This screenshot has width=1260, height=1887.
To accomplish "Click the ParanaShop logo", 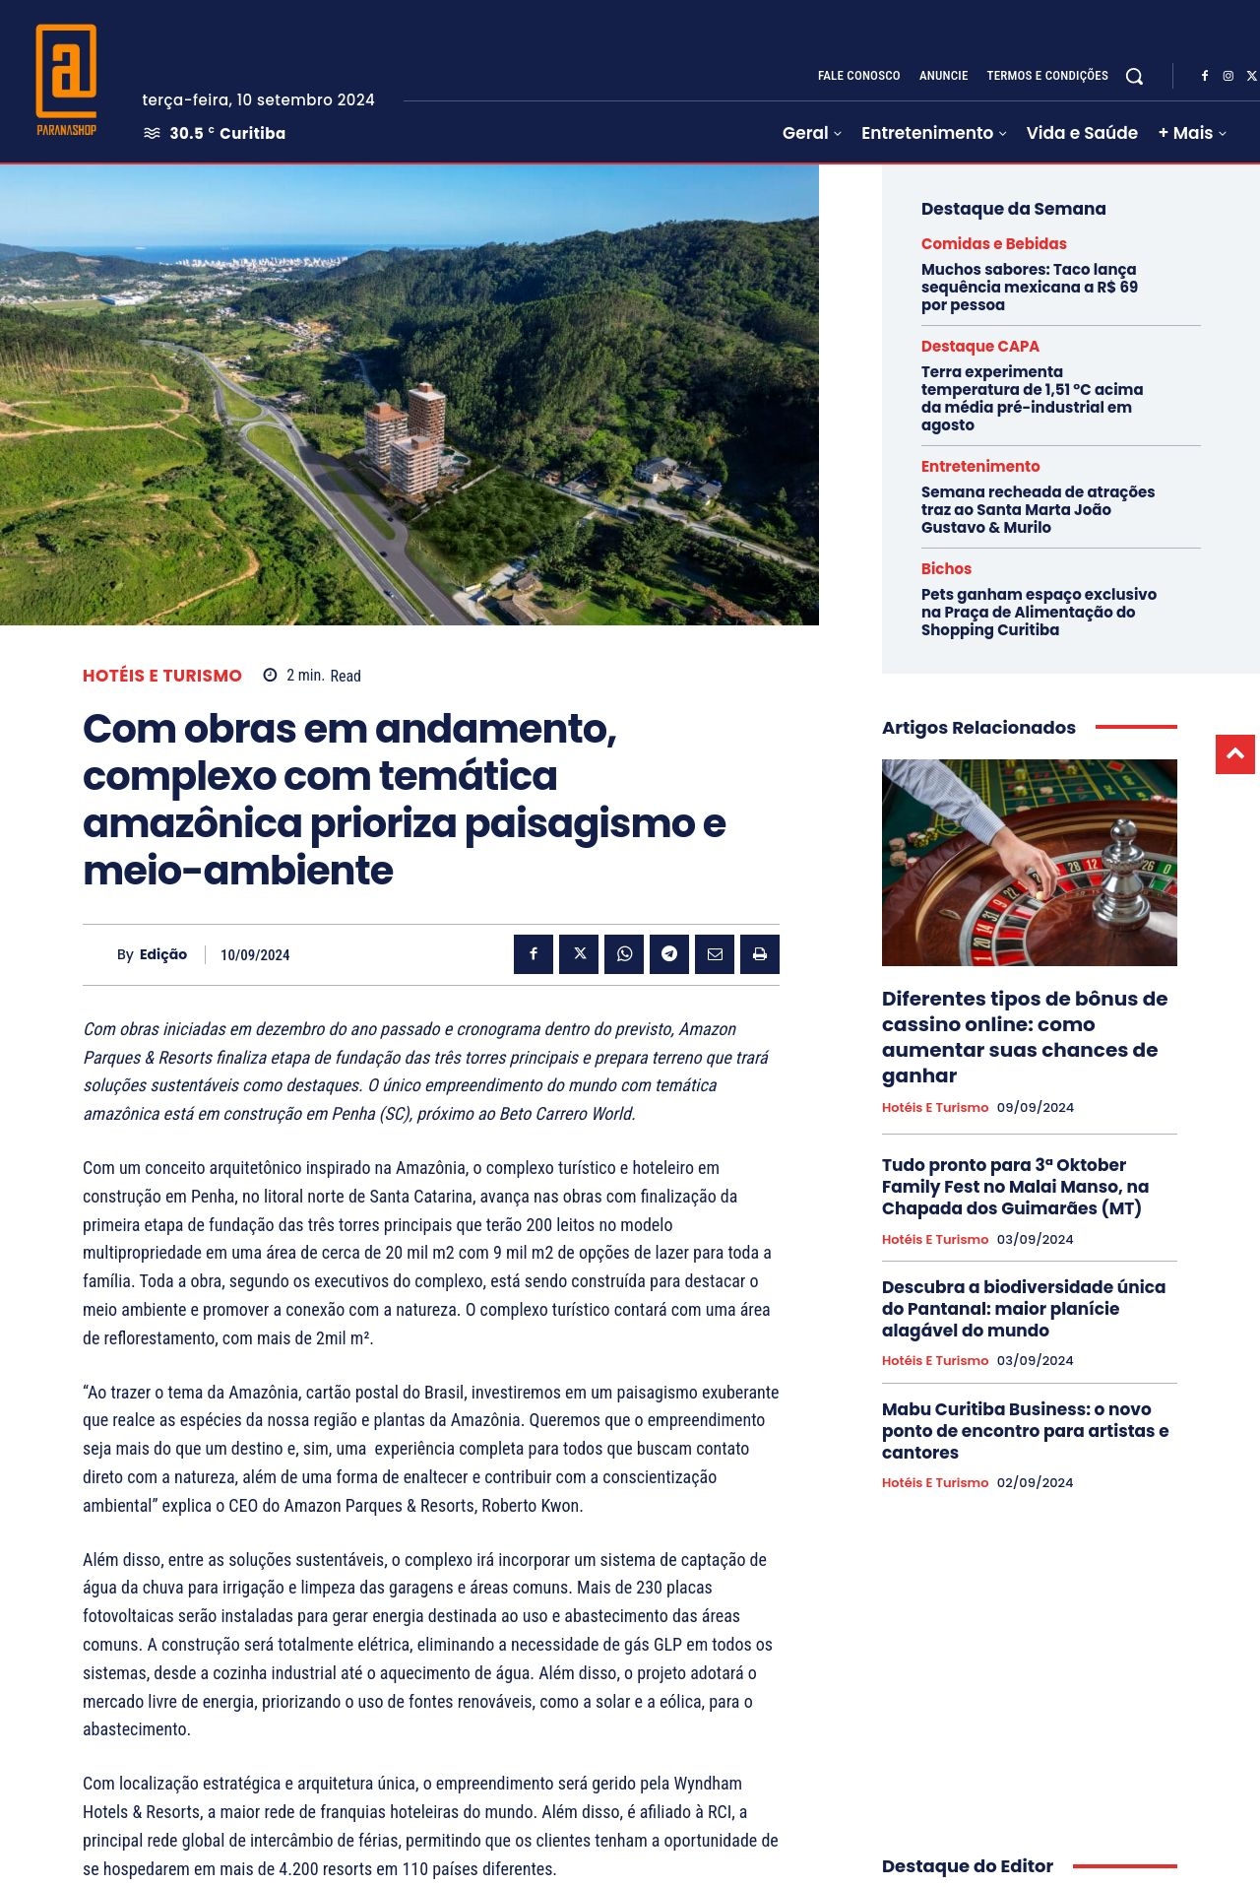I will [x=66, y=80].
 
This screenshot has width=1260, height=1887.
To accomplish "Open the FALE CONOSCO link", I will [x=858, y=76].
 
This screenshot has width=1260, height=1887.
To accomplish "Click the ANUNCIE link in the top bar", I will [x=943, y=76].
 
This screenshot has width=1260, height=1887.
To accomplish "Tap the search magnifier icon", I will [x=1134, y=77].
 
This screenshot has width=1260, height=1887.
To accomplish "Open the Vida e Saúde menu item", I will [x=1082, y=133].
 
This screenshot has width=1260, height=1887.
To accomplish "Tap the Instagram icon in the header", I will [x=1228, y=76].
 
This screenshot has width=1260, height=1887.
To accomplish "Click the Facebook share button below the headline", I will [x=534, y=953].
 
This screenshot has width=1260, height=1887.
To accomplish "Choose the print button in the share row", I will [x=760, y=953].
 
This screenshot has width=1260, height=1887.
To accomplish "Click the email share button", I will [x=715, y=953].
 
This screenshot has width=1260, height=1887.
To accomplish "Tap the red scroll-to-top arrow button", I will [x=1234, y=754].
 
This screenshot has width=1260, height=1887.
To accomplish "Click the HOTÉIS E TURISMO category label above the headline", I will [x=162, y=676].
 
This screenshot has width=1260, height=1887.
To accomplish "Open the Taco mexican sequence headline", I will [x=1029, y=287].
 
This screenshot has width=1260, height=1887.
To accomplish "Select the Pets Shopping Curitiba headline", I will [x=1039, y=612].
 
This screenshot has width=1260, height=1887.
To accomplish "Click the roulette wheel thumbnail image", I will [x=1029, y=862].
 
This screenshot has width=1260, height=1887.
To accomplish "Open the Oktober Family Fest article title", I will [x=1015, y=1186].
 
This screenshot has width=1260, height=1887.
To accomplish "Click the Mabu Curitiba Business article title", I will [x=1025, y=1430].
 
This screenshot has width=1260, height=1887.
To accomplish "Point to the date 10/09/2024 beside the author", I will [x=255, y=954].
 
